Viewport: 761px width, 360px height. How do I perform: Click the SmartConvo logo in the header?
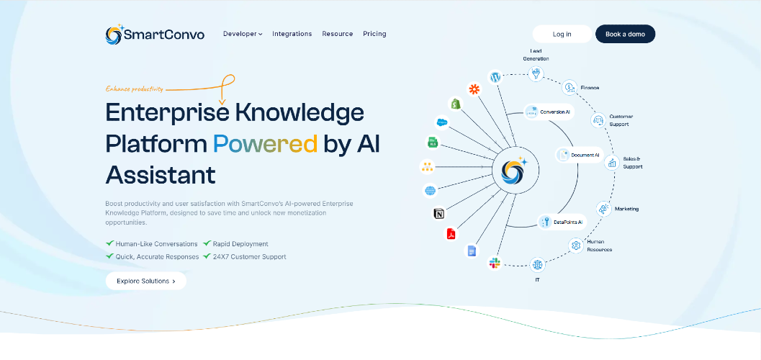(155, 35)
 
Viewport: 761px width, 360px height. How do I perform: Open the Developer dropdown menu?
(243, 34)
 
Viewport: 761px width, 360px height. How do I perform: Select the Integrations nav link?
(292, 34)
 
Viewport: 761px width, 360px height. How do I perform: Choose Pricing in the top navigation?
(374, 34)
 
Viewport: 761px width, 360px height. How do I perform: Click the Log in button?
(562, 34)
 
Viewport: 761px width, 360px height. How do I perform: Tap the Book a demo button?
(625, 34)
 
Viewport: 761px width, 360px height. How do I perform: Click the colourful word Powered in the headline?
(266, 143)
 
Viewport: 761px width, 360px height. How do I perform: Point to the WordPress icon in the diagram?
(495, 77)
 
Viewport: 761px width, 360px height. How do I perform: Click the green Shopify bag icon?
(456, 104)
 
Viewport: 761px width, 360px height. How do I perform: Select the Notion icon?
(438, 213)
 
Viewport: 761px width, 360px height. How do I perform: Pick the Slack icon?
(495, 264)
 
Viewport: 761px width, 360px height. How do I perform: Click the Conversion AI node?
(549, 112)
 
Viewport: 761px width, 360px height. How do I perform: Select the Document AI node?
(579, 156)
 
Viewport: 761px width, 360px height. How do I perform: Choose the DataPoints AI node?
(562, 222)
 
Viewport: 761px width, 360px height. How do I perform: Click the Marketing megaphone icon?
(604, 209)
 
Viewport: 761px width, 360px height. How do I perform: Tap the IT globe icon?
(537, 265)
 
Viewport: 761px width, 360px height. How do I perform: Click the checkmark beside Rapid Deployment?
(207, 243)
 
